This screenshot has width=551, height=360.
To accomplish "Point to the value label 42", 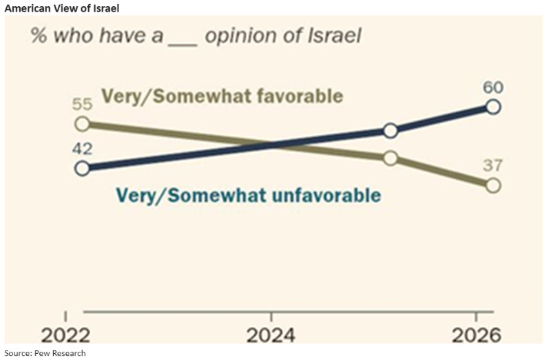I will pos(82,149).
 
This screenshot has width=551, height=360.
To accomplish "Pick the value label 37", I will pos(492,166).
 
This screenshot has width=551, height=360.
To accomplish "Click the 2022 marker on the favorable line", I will pos(82,124).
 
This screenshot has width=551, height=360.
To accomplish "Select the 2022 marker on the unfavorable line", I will pos(82,168).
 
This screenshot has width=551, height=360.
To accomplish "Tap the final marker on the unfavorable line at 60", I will pos(492,106).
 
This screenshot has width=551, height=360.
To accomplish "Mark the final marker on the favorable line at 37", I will pos(492,185).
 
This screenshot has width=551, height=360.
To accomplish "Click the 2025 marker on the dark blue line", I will pos(390,131).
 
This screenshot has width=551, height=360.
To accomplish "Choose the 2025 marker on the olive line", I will pos(390,158).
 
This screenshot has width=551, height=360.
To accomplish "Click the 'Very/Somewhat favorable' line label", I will pos(222,96).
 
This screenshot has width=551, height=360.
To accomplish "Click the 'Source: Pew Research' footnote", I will pos(45,353).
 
